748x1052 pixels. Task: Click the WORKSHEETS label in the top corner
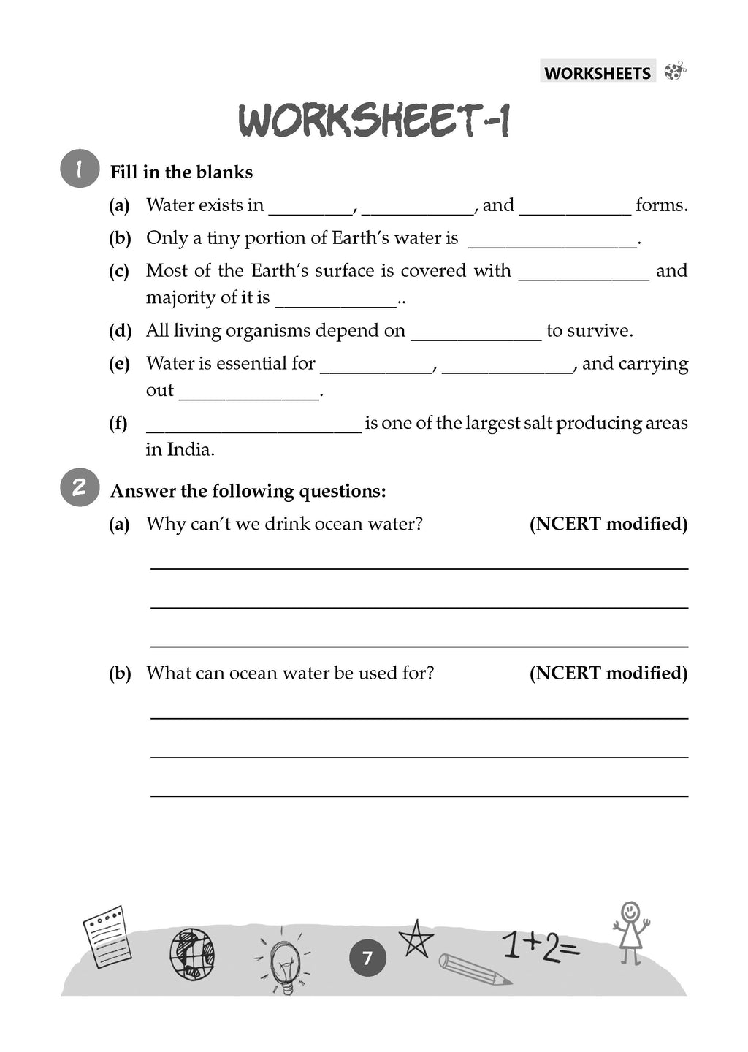(x=597, y=73)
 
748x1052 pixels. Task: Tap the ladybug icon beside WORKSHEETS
(x=675, y=72)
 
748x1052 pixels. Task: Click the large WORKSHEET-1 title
(x=374, y=122)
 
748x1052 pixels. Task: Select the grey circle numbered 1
(x=79, y=169)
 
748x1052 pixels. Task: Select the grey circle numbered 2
(x=79, y=487)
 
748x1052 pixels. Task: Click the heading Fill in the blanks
(x=181, y=172)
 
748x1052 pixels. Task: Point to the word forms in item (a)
(x=661, y=205)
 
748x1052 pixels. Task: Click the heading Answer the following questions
(x=248, y=491)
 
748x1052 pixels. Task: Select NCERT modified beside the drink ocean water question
(x=608, y=524)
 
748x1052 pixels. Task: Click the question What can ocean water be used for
(x=289, y=673)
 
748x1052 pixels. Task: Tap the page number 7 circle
(x=367, y=958)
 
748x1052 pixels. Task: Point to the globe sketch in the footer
(x=192, y=953)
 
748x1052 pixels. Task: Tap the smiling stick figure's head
(x=630, y=912)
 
